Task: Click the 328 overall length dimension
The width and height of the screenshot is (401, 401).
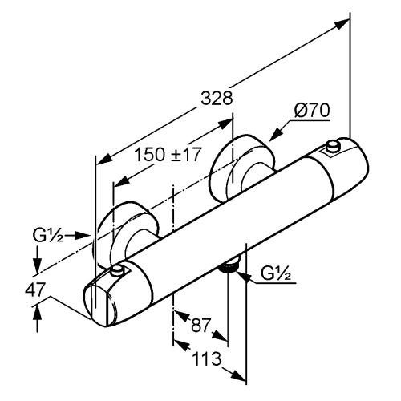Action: coord(217,99)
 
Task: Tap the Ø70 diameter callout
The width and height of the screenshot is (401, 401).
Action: coord(312,111)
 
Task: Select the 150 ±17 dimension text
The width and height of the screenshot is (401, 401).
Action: coord(168,155)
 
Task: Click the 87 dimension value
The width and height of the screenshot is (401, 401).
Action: coord(200,325)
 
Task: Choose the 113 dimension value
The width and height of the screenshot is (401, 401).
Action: coord(207,358)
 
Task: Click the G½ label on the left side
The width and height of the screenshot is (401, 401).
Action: coord(48,236)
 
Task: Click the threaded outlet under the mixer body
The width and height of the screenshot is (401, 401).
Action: coord(229,267)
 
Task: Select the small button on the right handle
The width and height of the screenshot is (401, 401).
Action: coord(333,147)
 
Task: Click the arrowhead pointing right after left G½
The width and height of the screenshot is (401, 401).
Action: coord(82,235)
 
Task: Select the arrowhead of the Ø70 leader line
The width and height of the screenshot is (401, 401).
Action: coord(276,134)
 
